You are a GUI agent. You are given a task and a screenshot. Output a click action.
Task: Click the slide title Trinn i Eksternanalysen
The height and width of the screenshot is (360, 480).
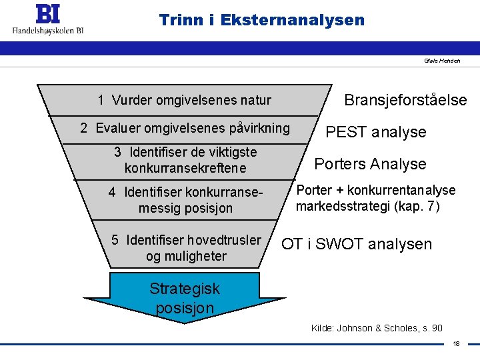(262, 20)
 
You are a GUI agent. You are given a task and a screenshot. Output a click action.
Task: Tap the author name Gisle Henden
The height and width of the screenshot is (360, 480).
(442, 61)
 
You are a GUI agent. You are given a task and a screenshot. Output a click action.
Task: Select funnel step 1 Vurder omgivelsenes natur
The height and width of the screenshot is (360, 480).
(184, 101)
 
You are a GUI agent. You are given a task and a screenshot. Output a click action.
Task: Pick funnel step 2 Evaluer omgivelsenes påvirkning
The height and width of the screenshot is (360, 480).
(185, 128)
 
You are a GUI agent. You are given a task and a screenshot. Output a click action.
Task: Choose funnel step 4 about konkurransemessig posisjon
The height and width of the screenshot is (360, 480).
(185, 200)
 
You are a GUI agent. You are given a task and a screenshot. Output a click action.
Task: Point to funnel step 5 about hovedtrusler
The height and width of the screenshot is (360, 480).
(186, 248)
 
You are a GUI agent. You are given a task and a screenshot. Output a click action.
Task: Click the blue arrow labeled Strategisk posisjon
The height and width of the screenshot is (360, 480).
(185, 298)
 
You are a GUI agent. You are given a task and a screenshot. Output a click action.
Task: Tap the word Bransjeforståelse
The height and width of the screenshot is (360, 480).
(405, 100)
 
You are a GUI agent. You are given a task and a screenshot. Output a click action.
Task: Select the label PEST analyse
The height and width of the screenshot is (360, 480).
(375, 132)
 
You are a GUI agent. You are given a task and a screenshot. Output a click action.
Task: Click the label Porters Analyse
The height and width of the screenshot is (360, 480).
(370, 164)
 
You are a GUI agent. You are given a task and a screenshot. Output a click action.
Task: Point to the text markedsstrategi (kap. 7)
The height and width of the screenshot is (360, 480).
(367, 206)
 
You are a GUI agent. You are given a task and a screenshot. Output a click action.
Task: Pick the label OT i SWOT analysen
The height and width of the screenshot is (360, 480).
(356, 244)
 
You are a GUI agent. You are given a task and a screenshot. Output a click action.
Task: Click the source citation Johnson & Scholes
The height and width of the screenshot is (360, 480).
(377, 327)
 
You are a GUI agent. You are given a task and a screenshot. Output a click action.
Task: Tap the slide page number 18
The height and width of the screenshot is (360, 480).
(456, 344)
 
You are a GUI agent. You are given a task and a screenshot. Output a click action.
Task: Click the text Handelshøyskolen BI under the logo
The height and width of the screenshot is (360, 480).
(48, 30)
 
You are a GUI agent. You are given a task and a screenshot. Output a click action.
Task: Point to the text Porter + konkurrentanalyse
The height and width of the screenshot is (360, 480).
(376, 191)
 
